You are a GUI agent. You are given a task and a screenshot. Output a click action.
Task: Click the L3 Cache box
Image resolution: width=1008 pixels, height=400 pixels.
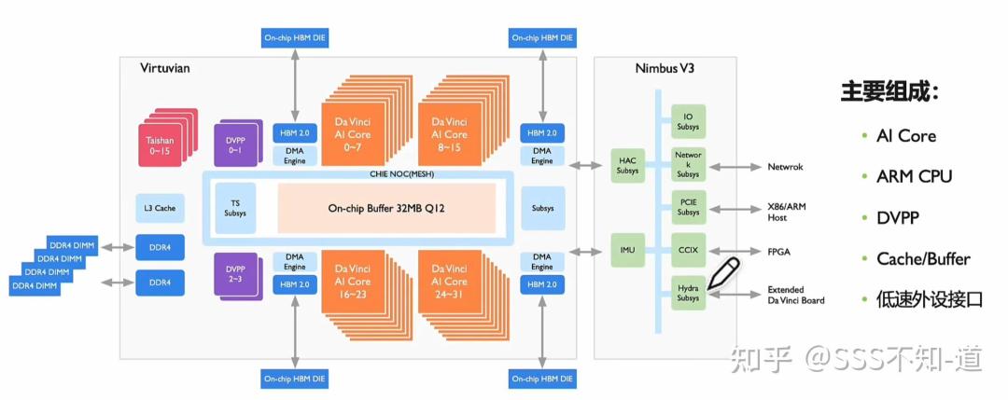(x=161, y=208)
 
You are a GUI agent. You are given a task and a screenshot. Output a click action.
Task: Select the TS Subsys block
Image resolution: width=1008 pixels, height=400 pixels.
(x=234, y=208)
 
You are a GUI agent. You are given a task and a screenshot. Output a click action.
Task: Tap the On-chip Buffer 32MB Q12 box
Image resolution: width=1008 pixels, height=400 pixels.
(x=386, y=208)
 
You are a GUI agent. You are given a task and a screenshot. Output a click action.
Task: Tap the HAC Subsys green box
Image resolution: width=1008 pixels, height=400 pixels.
(x=628, y=166)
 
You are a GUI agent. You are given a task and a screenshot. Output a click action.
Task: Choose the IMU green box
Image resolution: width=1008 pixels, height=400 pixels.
(x=628, y=251)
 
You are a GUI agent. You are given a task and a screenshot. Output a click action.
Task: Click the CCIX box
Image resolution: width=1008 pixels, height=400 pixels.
(x=688, y=251)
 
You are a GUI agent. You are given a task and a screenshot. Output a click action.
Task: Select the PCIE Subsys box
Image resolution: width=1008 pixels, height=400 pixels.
(x=688, y=207)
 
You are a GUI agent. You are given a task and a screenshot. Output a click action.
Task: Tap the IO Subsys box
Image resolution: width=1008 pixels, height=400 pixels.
(x=688, y=121)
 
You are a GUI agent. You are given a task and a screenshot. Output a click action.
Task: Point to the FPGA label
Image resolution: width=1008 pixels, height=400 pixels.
(x=778, y=252)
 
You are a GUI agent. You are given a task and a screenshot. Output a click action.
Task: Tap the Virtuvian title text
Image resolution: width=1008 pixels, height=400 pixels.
(x=164, y=68)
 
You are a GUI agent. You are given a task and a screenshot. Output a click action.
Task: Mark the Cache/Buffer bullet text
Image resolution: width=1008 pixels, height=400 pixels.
(x=923, y=259)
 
